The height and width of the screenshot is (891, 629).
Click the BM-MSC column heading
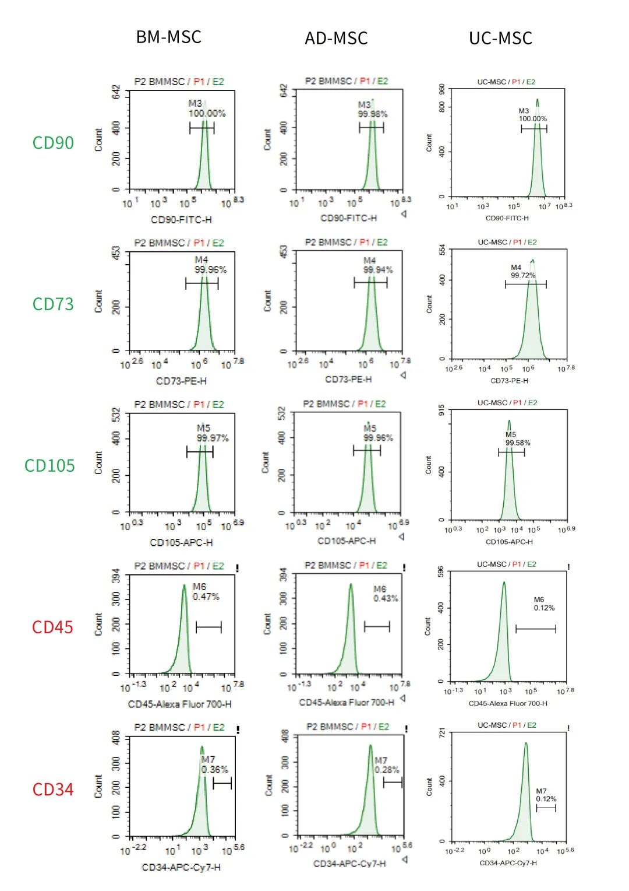coord(168,37)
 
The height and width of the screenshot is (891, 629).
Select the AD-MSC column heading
coord(336,38)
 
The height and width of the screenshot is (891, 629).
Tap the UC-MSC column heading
coord(500,38)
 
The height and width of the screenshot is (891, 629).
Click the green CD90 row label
coord(53,143)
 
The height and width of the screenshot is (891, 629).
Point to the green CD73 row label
coord(53,304)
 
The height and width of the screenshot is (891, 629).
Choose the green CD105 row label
coord(50,466)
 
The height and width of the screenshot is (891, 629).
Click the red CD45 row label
coord(52,627)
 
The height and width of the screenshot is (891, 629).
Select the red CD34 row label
coord(53,790)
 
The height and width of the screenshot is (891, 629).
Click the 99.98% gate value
coord(373,114)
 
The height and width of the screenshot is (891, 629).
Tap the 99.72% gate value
coord(523,275)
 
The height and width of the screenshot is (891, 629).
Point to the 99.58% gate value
coord(518,443)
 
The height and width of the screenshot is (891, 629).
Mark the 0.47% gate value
coord(206,597)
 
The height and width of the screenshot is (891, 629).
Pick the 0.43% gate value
coord(386,599)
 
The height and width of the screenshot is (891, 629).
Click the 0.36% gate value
coord(214,770)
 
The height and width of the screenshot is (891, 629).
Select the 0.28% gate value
coord(387,770)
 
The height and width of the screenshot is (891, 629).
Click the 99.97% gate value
coord(213,438)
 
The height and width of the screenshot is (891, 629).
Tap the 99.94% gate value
coord(378,270)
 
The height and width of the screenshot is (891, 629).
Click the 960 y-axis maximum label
coord(442,89)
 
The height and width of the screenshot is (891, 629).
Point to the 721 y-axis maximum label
coord(442,732)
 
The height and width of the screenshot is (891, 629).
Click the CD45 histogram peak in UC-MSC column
coord(504,583)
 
